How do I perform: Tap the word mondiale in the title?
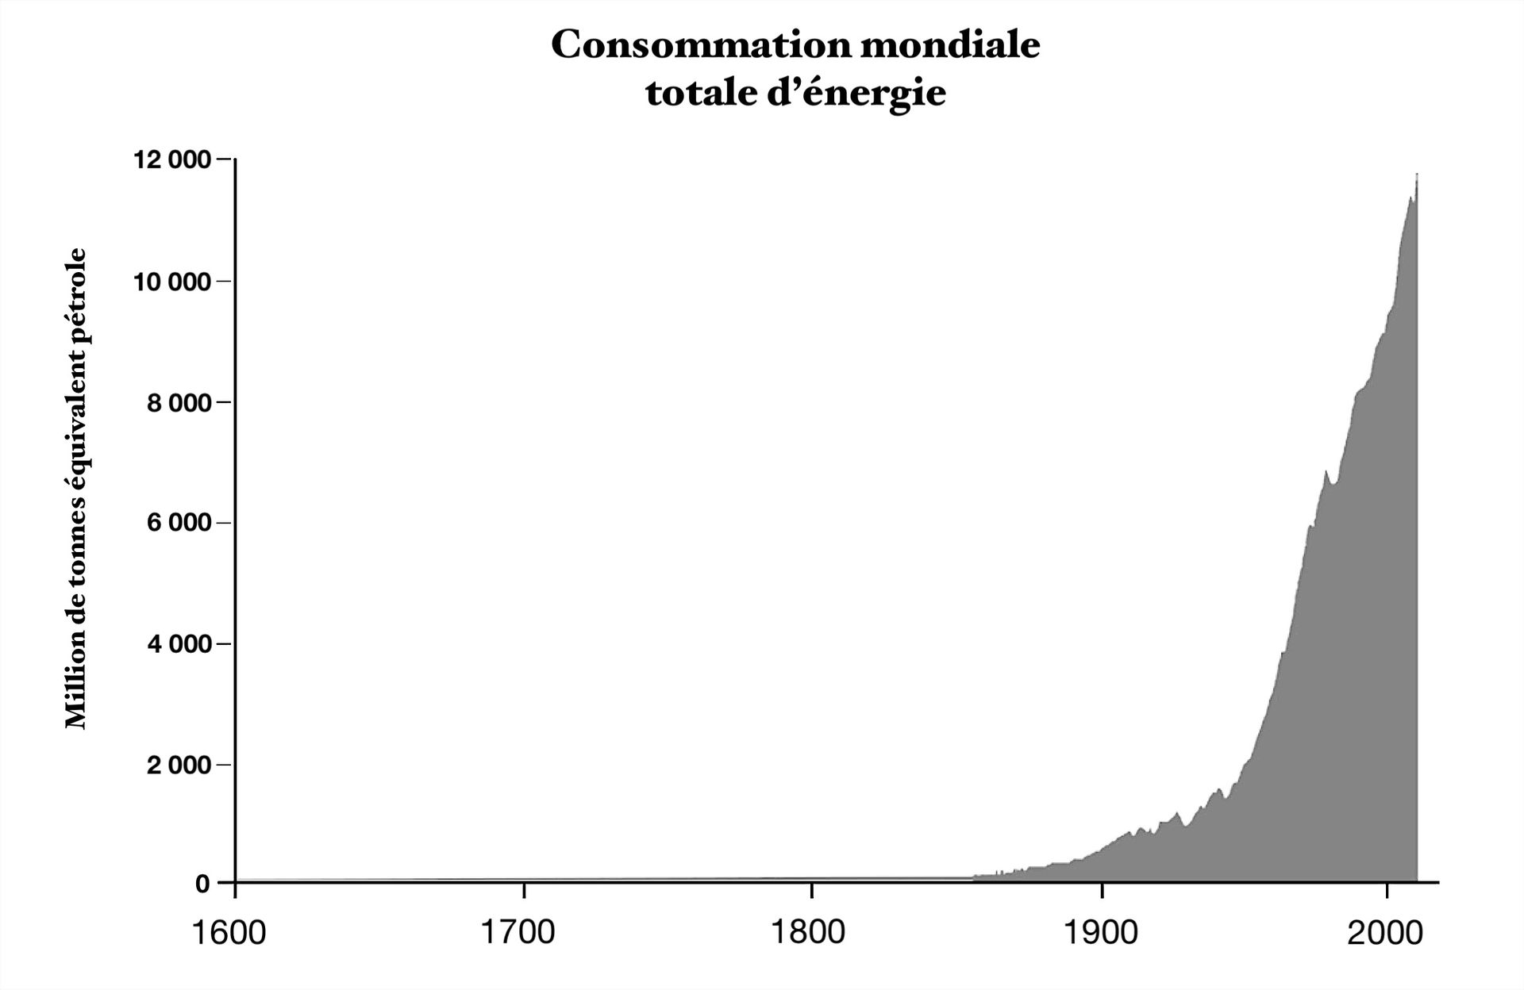(949, 45)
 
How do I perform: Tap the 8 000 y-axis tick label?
(180, 403)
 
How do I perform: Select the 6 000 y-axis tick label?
(180, 524)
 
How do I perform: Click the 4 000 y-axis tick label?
(180, 644)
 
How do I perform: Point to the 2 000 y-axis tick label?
(180, 766)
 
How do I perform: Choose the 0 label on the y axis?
(203, 884)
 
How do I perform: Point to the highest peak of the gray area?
(1417, 175)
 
